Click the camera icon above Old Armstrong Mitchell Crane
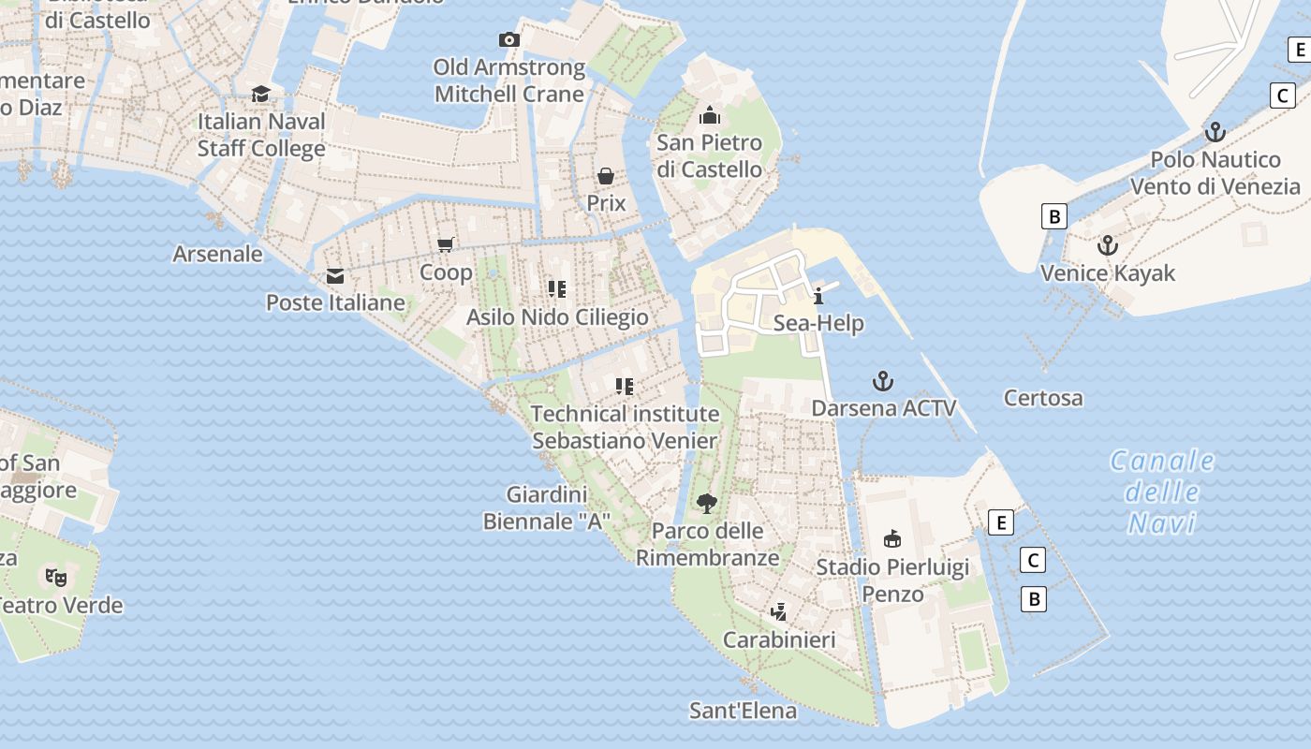click(508, 39)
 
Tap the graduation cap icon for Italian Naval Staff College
click(260, 94)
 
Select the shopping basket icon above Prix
click(606, 176)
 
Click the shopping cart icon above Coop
click(447, 244)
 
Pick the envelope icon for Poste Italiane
click(334, 276)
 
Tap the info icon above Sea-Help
click(818, 296)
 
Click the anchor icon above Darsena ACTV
click(882, 381)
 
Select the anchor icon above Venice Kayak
click(1108, 245)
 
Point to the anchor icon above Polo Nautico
click(1215, 132)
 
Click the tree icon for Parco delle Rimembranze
click(707, 504)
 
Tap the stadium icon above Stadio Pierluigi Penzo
click(892, 539)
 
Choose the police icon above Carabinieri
click(777, 612)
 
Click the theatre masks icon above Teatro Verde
click(56, 577)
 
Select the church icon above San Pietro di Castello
click(709, 115)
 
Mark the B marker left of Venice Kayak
click(1053, 217)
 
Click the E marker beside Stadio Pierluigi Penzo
click(1001, 522)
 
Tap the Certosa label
click(1043, 398)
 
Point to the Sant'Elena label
click(743, 711)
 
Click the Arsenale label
click(217, 254)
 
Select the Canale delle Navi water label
click(1162, 492)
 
